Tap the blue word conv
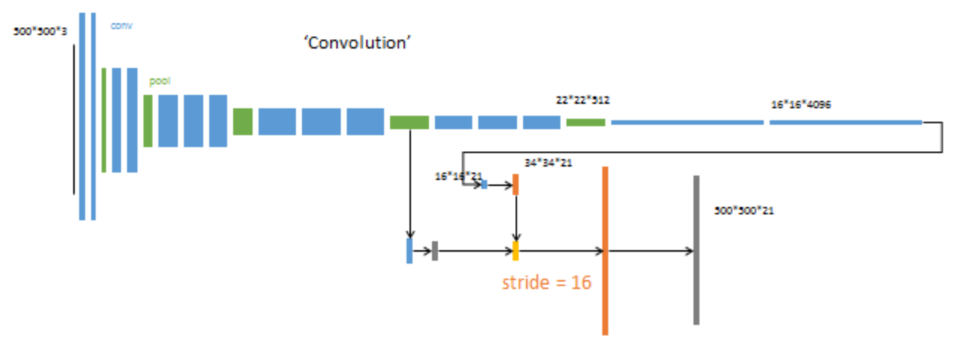[121, 25]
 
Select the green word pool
[159, 81]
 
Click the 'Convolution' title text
[358, 43]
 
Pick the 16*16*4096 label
[800, 105]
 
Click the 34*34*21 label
[548, 163]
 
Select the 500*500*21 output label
[744, 211]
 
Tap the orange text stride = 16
[546, 283]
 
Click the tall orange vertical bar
[605, 250]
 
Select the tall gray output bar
[696, 250]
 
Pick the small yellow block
[516, 251]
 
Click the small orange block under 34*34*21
[516, 184]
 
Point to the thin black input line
[74, 120]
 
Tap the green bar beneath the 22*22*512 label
[585, 122]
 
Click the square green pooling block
[242, 122]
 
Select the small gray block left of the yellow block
[434, 251]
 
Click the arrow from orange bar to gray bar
[650, 251]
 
